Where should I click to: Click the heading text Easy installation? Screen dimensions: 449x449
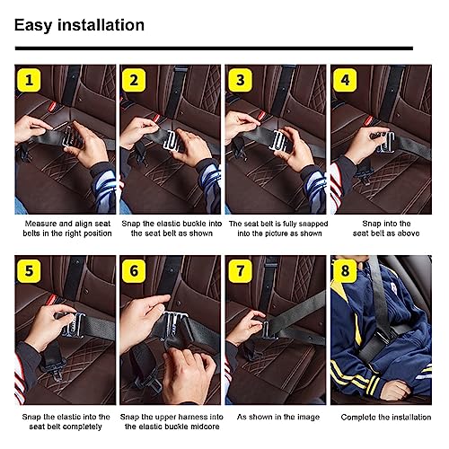point(79,24)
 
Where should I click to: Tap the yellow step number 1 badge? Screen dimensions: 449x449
point(31,80)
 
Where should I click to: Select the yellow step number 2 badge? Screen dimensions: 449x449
point(136,80)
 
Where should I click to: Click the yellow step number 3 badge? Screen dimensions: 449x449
point(241,80)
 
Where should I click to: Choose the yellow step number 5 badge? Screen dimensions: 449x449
point(31,271)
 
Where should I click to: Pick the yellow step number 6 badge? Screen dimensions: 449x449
point(136,271)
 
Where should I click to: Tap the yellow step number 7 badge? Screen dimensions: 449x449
point(241,271)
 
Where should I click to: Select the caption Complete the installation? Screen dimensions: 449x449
point(379,418)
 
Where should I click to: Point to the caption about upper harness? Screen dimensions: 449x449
point(171,423)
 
